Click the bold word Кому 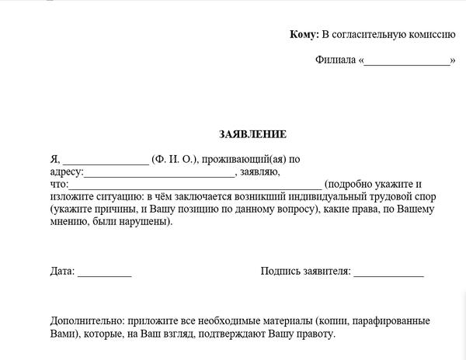303,34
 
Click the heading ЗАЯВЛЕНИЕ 252,134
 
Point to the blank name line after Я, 106,161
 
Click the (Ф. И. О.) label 175,159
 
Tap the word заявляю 261,172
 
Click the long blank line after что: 195,186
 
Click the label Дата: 62,272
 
